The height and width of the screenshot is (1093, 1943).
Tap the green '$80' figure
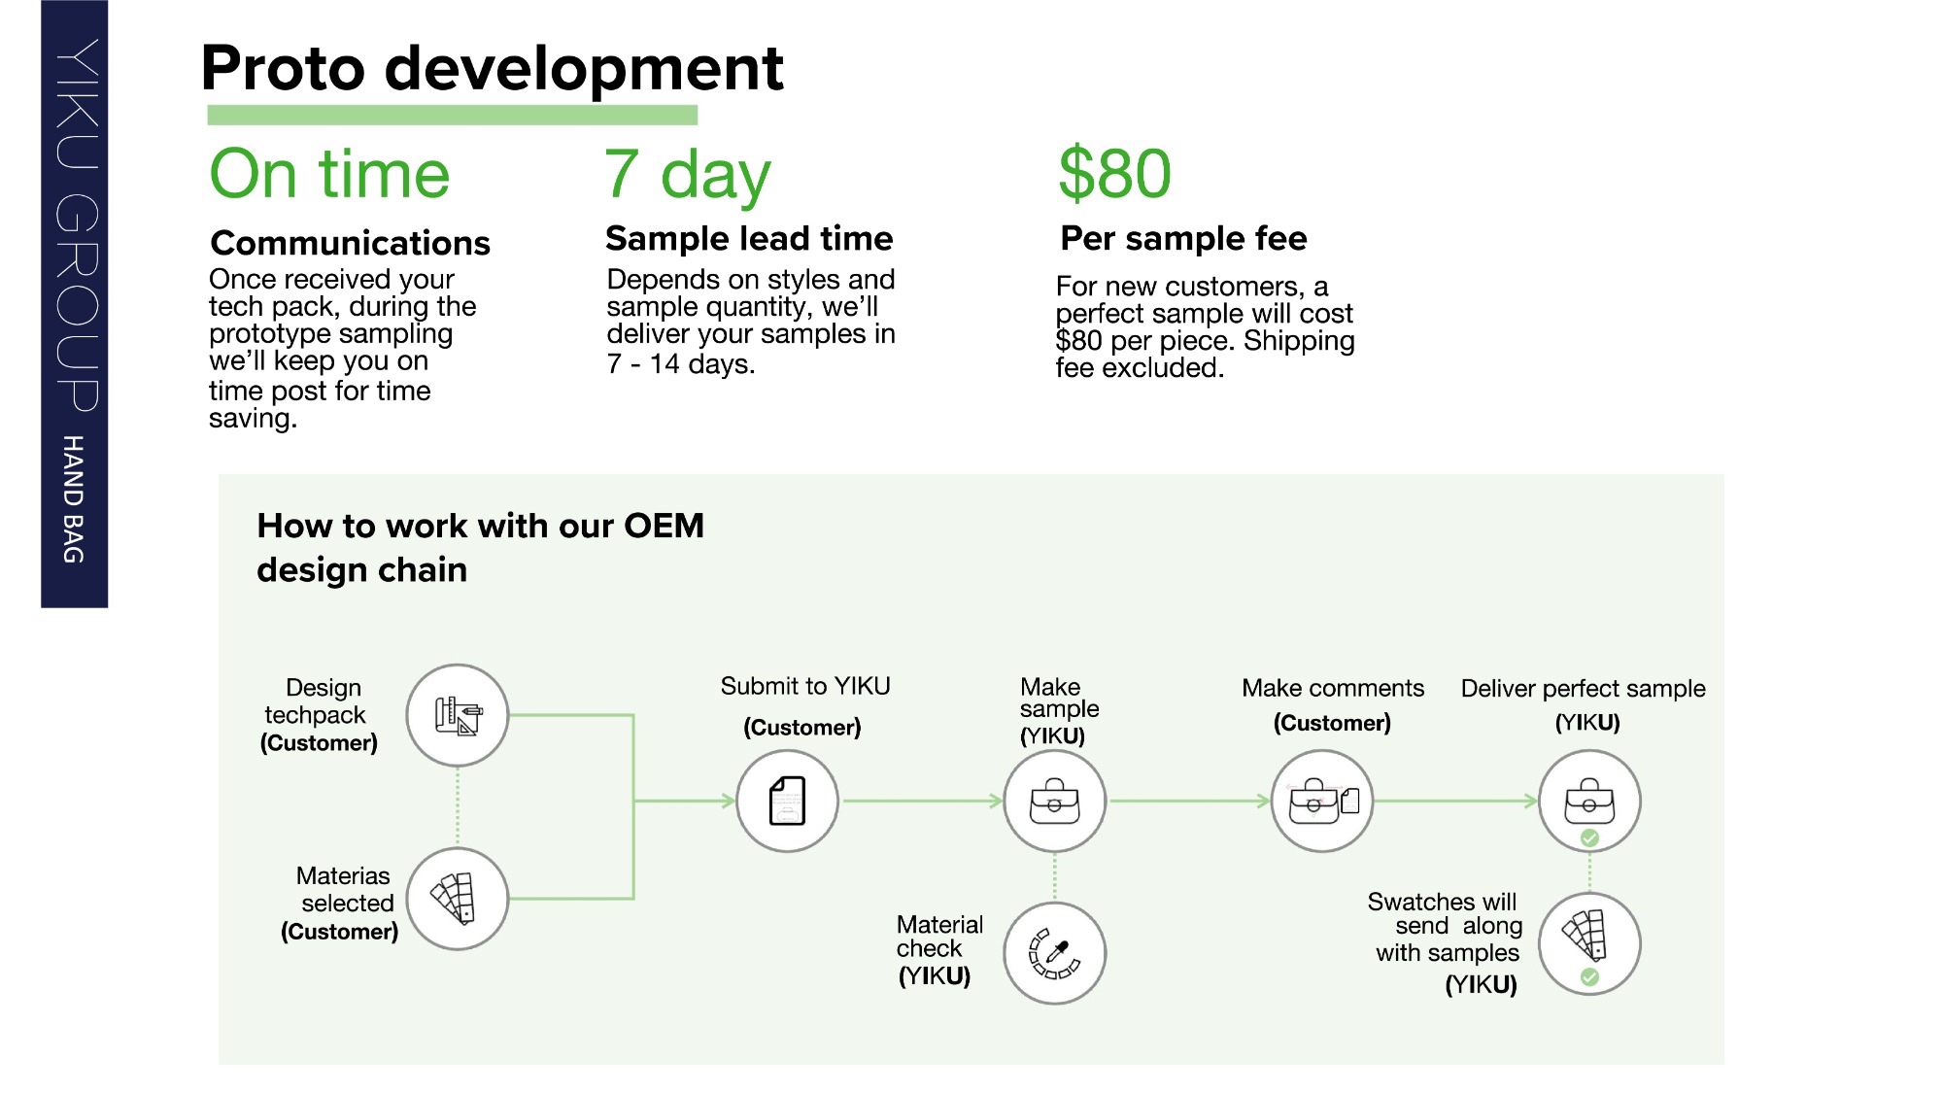(1114, 174)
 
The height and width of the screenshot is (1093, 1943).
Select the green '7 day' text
(687, 175)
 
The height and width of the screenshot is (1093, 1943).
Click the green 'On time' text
(329, 175)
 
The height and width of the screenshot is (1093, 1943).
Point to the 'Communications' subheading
(350, 243)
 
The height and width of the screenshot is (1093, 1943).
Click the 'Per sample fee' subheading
(1183, 238)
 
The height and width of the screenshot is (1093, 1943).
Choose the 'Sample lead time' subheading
(749, 238)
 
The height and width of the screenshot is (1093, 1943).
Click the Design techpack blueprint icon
(458, 716)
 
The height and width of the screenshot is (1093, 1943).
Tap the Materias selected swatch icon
(458, 899)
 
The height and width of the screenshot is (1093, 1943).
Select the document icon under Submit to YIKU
(788, 802)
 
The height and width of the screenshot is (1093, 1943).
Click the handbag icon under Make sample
(1054, 802)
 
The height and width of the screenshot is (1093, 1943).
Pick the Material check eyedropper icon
(1054, 953)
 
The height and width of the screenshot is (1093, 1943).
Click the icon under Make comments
(1322, 802)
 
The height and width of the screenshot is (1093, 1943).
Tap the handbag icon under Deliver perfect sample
(1589, 801)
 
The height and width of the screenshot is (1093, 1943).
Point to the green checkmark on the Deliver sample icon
(1589, 837)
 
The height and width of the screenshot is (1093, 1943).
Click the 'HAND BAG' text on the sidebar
(73, 499)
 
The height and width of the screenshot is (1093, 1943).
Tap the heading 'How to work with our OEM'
(480, 526)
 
